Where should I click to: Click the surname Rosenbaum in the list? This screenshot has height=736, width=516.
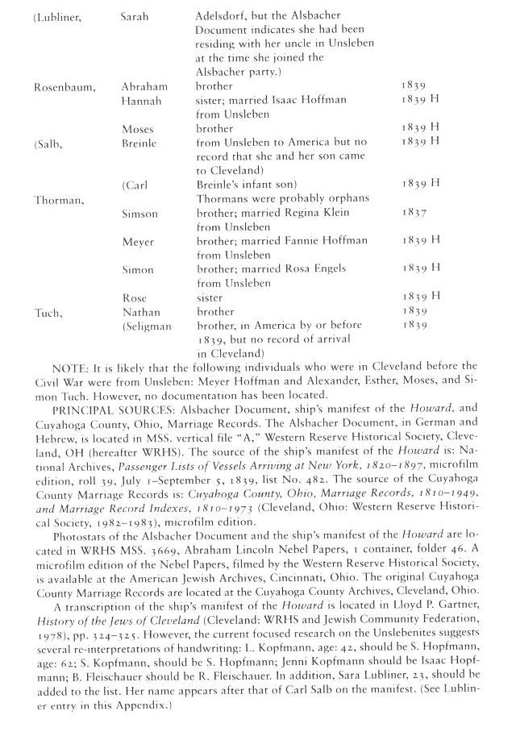tap(62, 85)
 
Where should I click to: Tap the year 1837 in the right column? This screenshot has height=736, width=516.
tap(411, 214)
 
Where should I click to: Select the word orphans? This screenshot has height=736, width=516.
tap(347, 199)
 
